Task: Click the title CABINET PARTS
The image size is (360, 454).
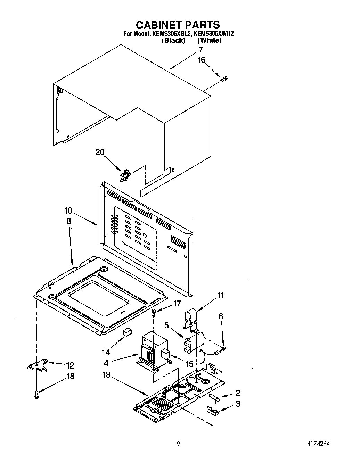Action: (178, 25)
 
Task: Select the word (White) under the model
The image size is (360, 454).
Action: (209, 40)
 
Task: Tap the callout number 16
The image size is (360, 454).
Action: (202, 60)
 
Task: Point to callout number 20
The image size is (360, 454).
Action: (100, 152)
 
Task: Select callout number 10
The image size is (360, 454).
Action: (68, 211)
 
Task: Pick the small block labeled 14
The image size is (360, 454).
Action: (127, 331)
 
